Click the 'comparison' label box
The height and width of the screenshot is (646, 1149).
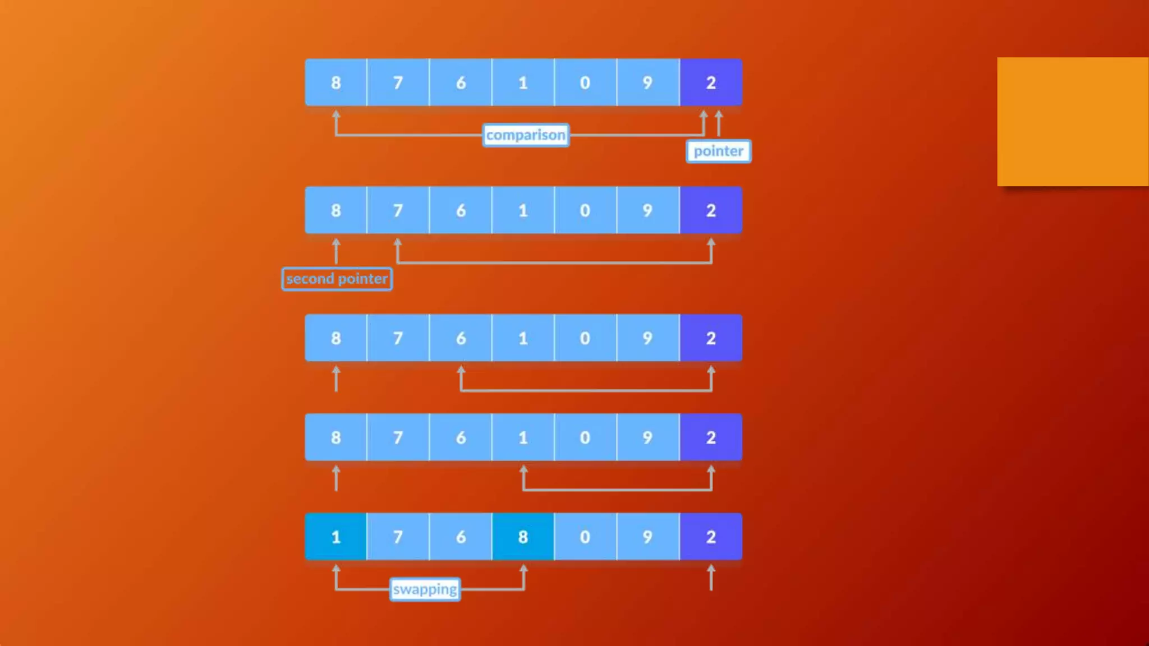coord(526,135)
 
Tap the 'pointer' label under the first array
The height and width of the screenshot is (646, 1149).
coord(718,151)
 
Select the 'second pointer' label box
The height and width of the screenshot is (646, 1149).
coord(337,279)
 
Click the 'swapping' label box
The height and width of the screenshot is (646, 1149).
coord(425,589)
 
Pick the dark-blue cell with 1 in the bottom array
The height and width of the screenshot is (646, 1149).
coord(335,537)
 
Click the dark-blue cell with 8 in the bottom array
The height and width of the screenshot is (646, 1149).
coord(523,537)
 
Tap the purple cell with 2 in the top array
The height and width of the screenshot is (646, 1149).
coord(711,82)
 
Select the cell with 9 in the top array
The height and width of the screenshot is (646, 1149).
coord(647,82)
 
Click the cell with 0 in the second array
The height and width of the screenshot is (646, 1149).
coord(585,210)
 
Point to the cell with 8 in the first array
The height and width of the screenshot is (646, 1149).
coord(335,82)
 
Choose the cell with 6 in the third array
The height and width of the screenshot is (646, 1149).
coord(461,338)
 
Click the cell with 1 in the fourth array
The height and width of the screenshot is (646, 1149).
coord(523,437)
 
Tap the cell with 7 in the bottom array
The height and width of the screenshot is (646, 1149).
coord(398,537)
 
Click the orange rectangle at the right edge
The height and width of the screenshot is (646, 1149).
coord(1073,122)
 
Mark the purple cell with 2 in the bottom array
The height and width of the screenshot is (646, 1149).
coord(711,537)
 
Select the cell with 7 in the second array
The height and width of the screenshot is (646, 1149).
coord(398,210)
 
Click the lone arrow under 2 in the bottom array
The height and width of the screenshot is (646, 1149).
coord(711,578)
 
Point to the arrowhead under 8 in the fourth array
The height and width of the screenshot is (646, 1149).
coord(336,471)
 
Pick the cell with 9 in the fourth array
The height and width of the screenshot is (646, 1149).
coord(647,437)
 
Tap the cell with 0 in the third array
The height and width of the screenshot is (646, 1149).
coord(585,338)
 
